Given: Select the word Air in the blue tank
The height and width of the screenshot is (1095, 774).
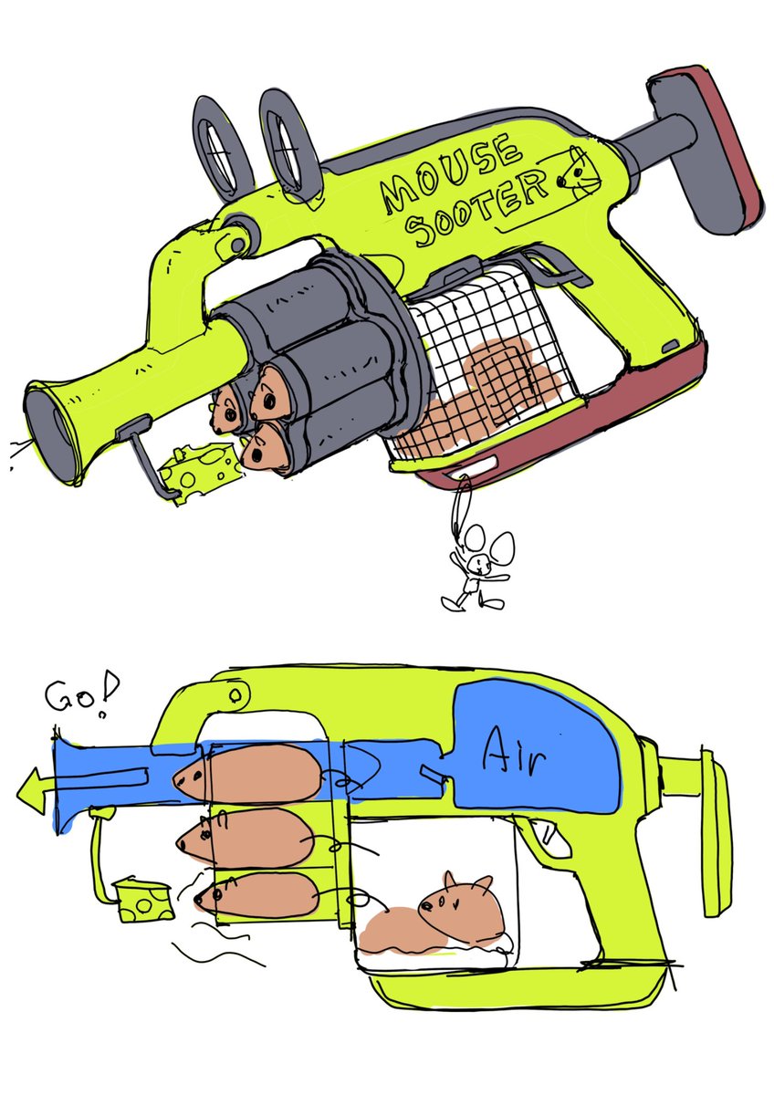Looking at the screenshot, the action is coord(513,756).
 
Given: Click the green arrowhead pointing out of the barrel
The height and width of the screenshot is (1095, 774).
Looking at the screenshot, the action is coord(32,790).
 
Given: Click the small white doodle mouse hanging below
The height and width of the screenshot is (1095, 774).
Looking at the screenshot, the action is coord(477,569).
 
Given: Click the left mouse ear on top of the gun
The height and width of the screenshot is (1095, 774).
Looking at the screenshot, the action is coord(223,147).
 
